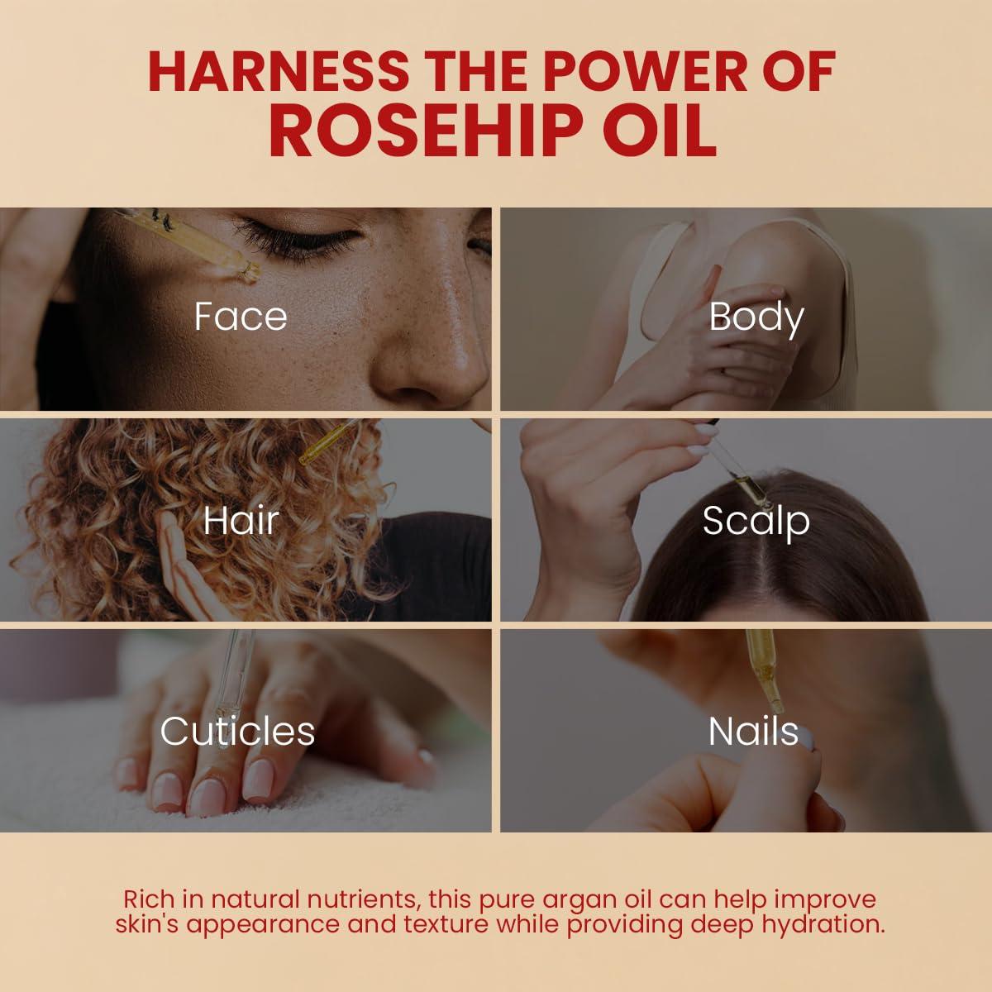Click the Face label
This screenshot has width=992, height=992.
(241, 317)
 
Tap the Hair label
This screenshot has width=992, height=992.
(241, 521)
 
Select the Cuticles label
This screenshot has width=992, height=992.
(237, 732)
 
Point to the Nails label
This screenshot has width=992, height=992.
(753, 732)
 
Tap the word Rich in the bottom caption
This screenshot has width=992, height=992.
(147, 899)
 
